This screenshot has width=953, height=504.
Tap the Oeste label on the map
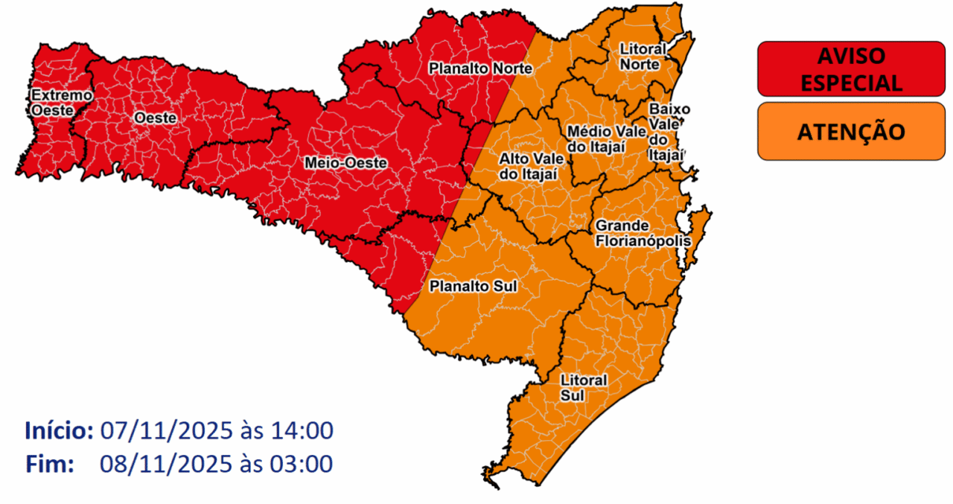pyautogui.click(x=155, y=118)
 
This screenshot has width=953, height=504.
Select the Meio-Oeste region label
pyautogui.click(x=345, y=162)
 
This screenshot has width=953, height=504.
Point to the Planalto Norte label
pyautogui.click(x=480, y=68)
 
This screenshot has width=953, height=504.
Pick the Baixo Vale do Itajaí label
pyautogui.click(x=665, y=132)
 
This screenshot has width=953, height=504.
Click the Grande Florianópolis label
pyautogui.click(x=642, y=233)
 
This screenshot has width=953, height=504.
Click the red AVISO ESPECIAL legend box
pyautogui.click(x=850, y=68)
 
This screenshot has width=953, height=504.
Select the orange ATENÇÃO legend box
pyautogui.click(x=850, y=132)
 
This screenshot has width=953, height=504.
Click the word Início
pyautogui.click(x=59, y=430)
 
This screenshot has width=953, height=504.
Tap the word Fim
pyautogui.click(x=50, y=464)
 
